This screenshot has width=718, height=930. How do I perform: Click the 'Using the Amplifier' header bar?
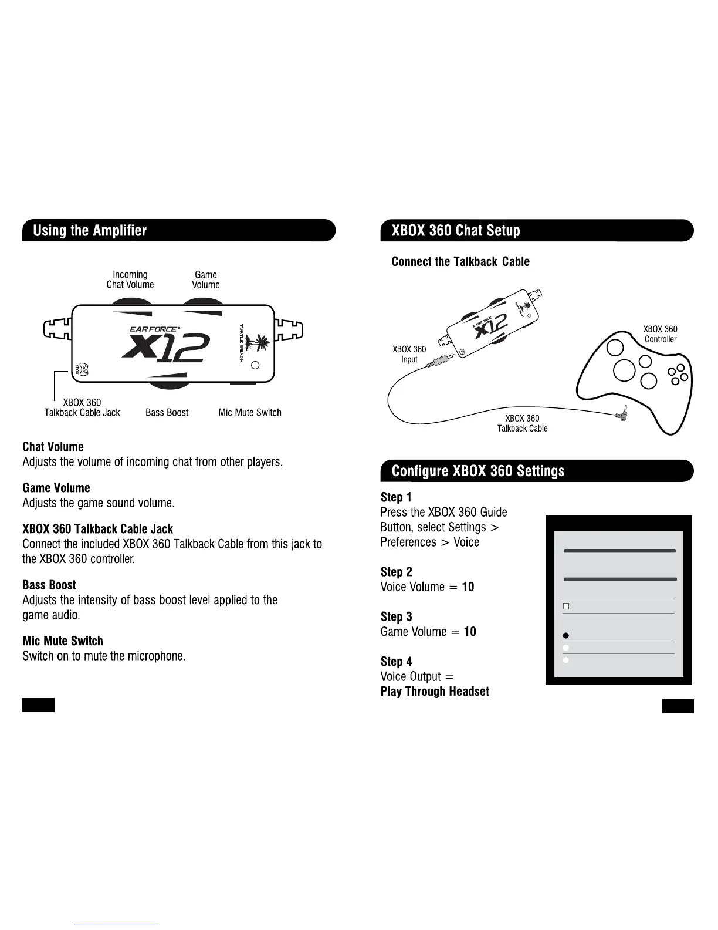178,230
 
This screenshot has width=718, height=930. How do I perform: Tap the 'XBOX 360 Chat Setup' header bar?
536,230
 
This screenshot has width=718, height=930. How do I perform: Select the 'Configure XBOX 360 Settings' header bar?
536,471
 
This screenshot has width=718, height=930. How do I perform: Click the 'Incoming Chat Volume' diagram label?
130,279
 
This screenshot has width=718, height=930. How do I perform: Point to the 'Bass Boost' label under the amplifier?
167,413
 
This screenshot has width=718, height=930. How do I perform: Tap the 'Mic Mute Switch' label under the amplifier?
250,413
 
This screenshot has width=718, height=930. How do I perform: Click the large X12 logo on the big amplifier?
165,346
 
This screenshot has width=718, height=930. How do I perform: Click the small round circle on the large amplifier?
255,365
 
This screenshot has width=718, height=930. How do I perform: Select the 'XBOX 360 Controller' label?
661,334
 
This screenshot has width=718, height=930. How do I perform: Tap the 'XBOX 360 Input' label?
409,354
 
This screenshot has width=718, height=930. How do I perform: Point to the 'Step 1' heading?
396,497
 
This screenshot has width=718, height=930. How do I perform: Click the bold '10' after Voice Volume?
468,587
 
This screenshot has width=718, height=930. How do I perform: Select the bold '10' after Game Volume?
470,632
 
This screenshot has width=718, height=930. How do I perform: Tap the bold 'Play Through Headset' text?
435,692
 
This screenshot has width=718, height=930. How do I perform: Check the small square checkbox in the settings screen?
566,606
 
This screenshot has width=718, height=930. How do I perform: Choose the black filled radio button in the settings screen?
566,636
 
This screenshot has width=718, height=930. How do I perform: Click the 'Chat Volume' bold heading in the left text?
53,447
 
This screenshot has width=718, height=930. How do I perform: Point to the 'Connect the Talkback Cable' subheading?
460,262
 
